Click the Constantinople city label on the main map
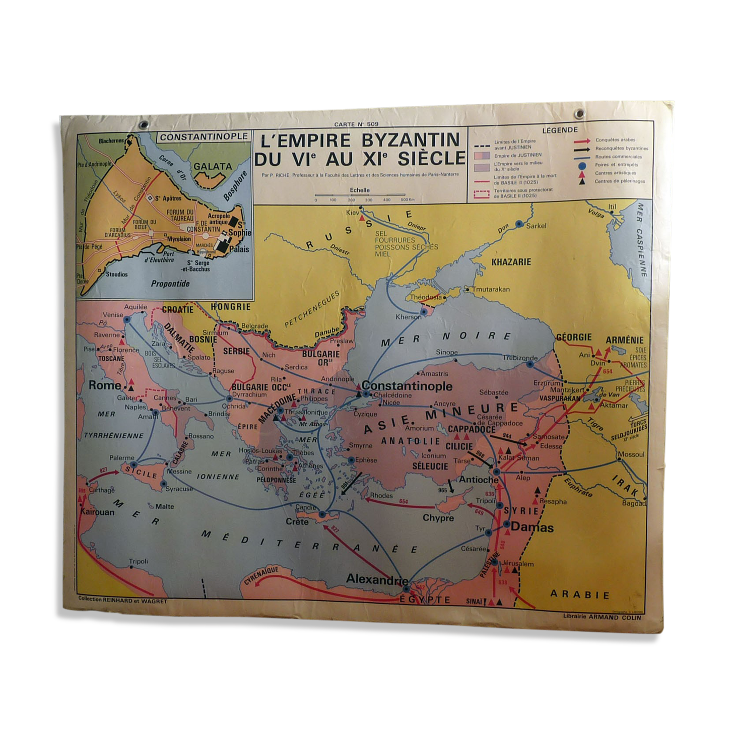(407, 386)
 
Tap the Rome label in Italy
(105, 385)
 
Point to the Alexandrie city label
(377, 579)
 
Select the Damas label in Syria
(532, 527)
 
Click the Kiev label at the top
(353, 213)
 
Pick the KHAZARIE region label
(511, 262)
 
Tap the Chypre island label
(438, 518)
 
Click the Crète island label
(297, 522)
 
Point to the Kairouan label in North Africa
(97, 512)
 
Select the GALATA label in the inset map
(213, 166)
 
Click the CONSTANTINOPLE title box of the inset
(204, 137)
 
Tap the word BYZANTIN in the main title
(410, 140)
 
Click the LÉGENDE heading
(560, 130)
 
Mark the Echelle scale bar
(360, 195)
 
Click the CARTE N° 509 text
(356, 124)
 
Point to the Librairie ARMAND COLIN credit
(603, 617)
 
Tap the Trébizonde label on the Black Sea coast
(520, 358)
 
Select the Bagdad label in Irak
(633, 503)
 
